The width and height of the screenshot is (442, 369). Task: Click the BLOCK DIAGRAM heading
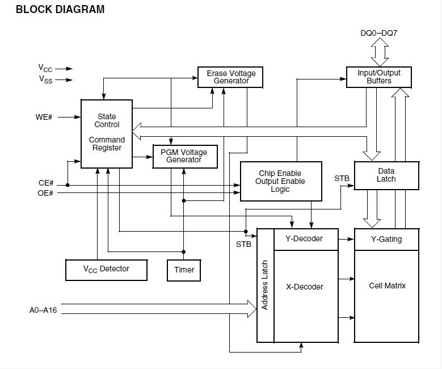pos(52,9)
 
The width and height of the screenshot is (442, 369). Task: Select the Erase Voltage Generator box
pos(231,77)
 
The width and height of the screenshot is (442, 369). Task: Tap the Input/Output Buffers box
pos(378,77)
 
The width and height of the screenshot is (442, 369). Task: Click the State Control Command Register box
pos(107,133)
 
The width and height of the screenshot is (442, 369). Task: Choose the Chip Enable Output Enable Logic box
pos(280,181)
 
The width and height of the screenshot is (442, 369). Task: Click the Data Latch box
pos(386,175)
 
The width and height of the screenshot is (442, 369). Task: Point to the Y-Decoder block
pos(306,239)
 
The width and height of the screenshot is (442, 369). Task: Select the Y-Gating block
pos(386,239)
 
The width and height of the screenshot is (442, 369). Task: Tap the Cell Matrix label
pos(387,286)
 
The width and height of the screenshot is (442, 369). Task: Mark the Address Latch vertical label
pos(265,285)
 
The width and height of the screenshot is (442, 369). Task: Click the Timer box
pos(184,270)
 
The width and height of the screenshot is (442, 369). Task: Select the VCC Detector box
pos(107,270)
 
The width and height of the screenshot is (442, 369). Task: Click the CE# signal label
pos(45,183)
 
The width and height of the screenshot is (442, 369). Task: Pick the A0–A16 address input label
pos(43,310)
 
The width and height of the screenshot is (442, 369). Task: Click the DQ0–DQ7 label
pos(378,34)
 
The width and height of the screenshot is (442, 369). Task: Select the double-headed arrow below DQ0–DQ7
pos(378,52)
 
